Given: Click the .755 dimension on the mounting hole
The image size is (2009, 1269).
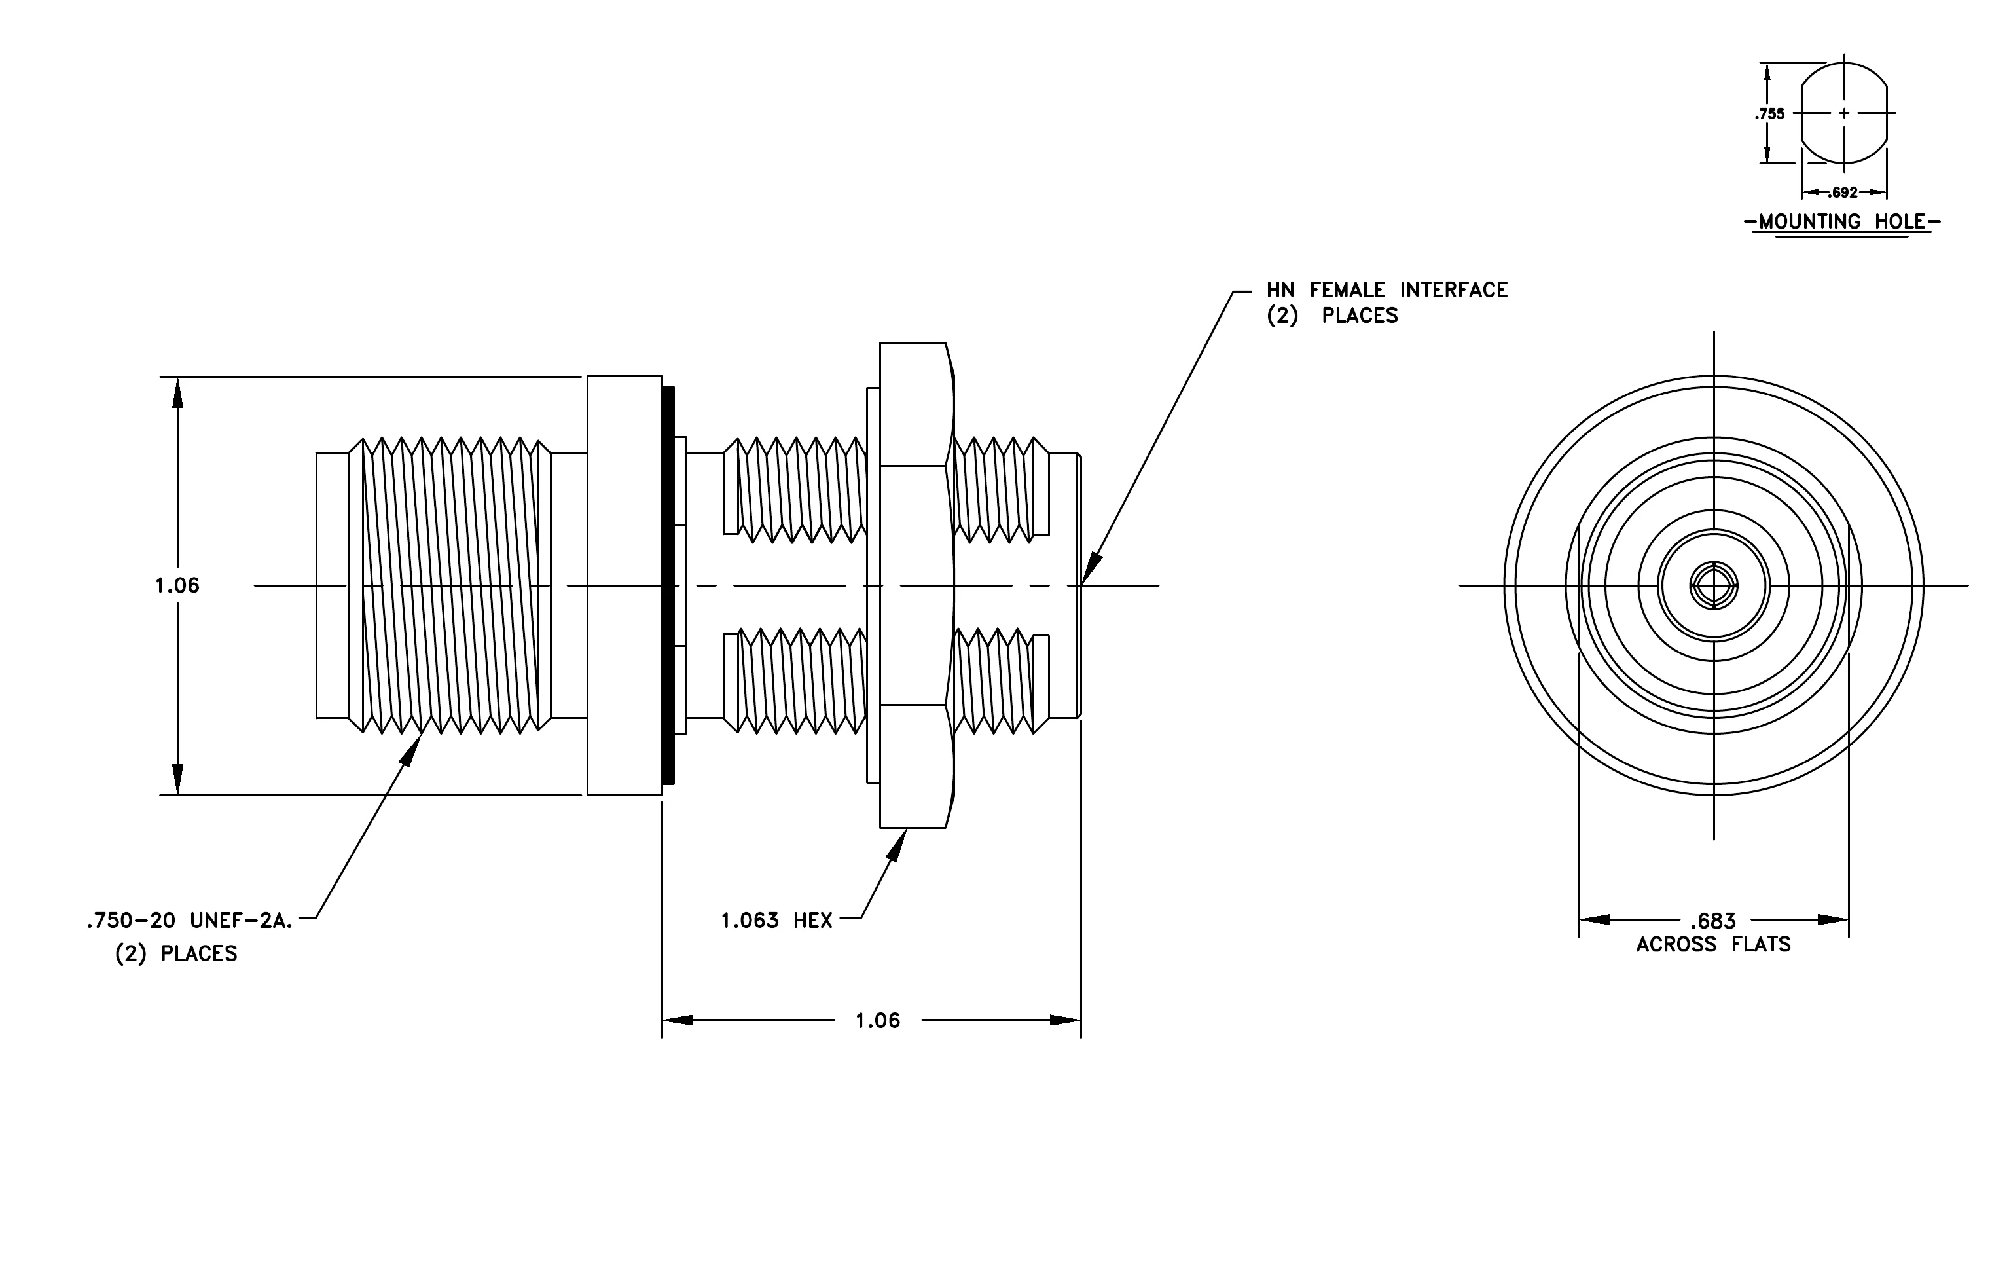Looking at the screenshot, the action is [1769, 113].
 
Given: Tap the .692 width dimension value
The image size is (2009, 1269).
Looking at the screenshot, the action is [1844, 193].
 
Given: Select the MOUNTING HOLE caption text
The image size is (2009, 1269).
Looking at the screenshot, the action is [1843, 222].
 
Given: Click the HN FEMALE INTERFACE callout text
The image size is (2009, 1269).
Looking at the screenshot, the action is [1387, 289].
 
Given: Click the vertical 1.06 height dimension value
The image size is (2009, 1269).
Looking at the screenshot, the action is [177, 585].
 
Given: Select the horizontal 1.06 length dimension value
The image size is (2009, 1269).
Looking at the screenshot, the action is [878, 1020].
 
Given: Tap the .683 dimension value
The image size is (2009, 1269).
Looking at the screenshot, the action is [1713, 921].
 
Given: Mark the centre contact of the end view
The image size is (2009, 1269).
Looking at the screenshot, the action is [1714, 585].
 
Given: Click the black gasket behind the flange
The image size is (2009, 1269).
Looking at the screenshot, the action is [668, 585].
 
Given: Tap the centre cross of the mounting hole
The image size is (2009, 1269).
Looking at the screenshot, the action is [1844, 113].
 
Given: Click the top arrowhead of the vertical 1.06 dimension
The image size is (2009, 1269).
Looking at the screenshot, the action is [177, 393].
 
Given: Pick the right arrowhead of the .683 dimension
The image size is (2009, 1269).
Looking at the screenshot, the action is [1833, 919].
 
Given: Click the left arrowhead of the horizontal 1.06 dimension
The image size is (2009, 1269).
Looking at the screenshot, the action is [678, 1020].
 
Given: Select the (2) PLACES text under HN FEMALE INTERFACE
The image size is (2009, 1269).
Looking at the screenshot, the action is [1332, 316].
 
